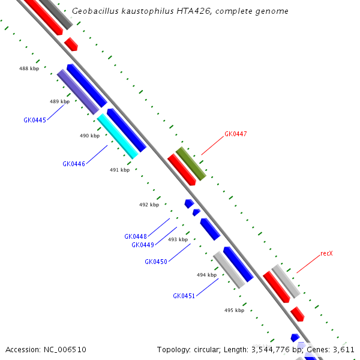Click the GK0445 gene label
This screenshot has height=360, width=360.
click(35, 120)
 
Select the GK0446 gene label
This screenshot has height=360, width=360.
click(74, 164)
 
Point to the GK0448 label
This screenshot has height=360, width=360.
click(136, 236)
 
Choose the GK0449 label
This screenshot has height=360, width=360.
click(143, 245)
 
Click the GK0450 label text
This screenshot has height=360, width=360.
click(156, 262)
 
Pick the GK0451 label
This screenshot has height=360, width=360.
click(184, 296)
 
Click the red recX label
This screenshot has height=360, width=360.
click(326, 254)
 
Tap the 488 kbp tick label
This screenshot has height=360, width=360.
click(29, 69)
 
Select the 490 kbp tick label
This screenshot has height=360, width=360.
click(89, 136)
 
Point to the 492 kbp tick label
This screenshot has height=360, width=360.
click(149, 205)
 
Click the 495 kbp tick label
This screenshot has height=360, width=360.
click(234, 310)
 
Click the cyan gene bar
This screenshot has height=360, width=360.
click(118, 136)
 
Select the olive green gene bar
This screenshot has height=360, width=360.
click(191, 163)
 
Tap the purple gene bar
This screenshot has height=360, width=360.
click(78, 92)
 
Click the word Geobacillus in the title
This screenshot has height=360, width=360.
click(94, 11)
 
